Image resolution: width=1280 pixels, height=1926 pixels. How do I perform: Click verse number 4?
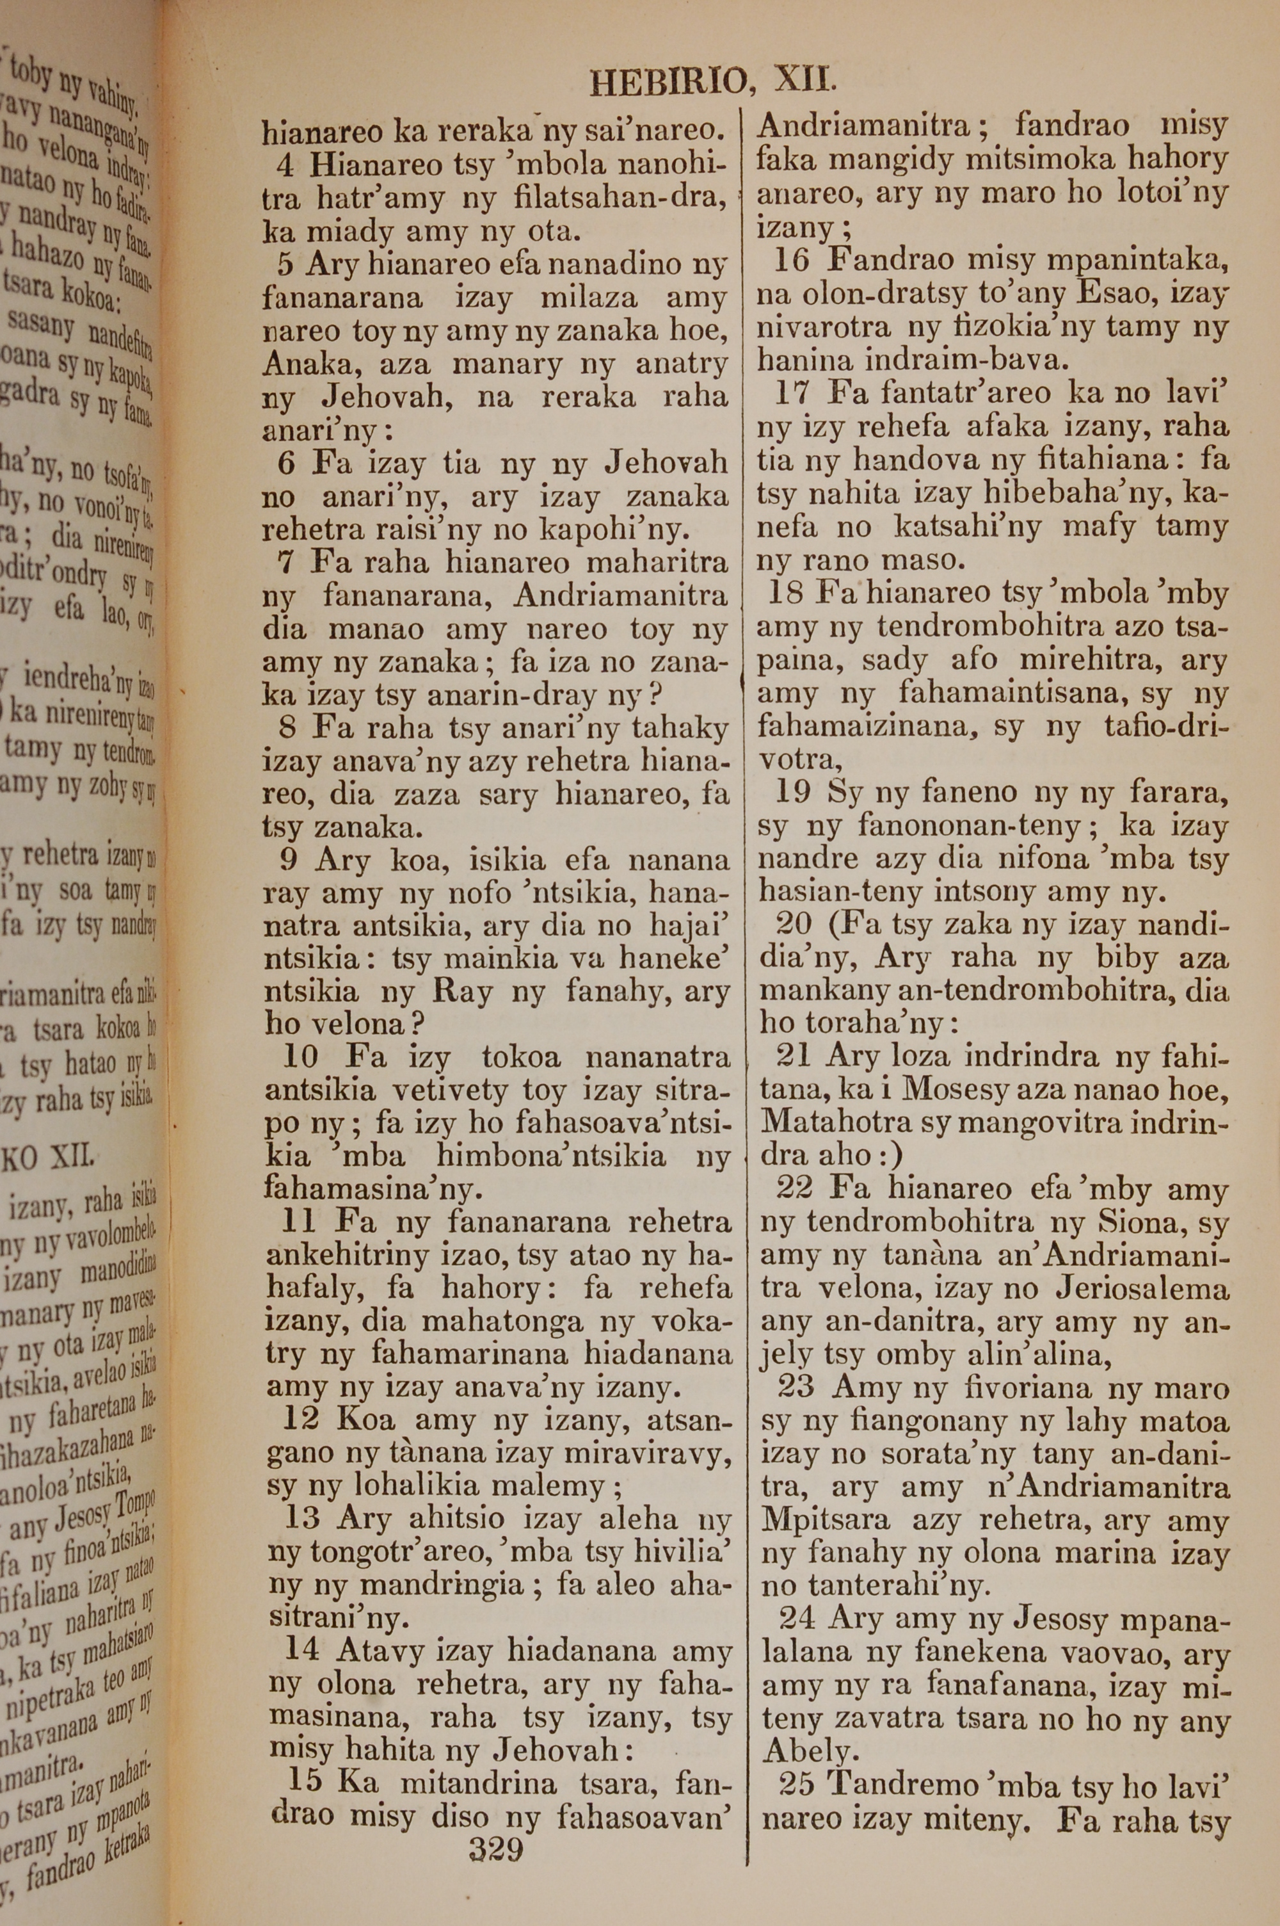[285, 166]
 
